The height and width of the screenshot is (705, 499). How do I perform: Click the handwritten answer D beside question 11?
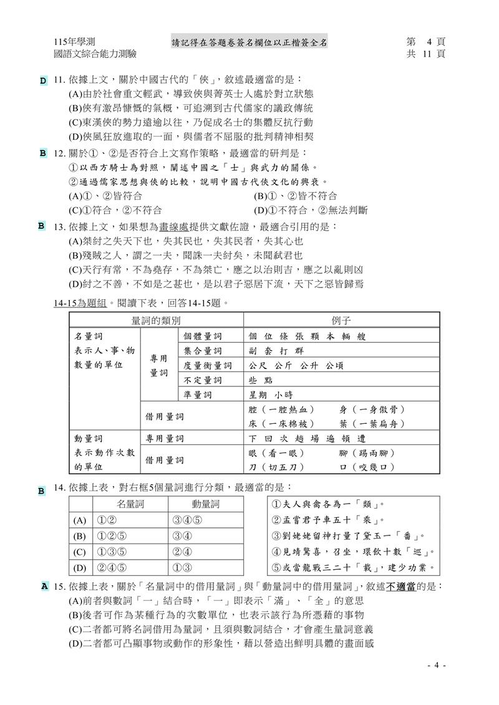coord(43,81)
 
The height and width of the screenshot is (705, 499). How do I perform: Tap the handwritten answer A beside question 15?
coord(44,587)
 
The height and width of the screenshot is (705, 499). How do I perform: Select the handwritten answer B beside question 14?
coord(41,491)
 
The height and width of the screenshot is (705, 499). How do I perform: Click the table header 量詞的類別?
coord(156,320)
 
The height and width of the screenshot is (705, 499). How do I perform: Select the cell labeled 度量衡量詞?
coord(207,365)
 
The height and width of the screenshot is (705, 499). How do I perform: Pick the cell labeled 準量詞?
coord(198,395)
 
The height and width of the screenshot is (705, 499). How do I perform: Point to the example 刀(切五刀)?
coord(276,467)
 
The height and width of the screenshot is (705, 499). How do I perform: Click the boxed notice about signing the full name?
coord(249,42)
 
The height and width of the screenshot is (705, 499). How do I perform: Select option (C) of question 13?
coord(215,270)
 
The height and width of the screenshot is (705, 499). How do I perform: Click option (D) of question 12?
coord(311,210)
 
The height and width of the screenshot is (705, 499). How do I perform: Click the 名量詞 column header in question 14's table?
coord(130,504)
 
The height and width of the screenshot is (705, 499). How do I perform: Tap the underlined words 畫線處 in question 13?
coord(174,226)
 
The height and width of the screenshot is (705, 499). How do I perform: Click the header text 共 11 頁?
coord(427,54)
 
